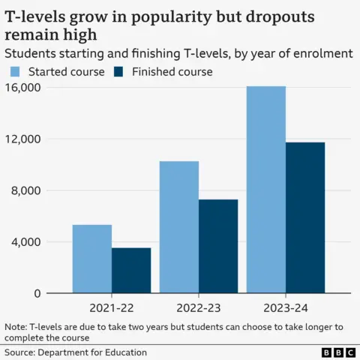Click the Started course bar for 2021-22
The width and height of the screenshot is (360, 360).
click(x=92, y=259)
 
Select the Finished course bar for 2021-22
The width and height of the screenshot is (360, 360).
click(x=131, y=270)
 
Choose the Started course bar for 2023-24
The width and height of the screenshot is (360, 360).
click(x=266, y=190)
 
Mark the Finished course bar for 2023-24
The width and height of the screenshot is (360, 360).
click(x=305, y=217)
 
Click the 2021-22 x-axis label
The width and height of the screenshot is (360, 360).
click(x=112, y=307)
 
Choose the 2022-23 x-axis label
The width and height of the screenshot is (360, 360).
click(x=199, y=307)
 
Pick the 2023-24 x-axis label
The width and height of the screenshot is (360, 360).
click(x=286, y=307)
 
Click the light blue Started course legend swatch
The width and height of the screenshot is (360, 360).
click(x=14, y=72)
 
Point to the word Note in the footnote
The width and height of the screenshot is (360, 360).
click(x=15, y=327)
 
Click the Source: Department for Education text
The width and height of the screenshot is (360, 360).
click(x=76, y=352)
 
